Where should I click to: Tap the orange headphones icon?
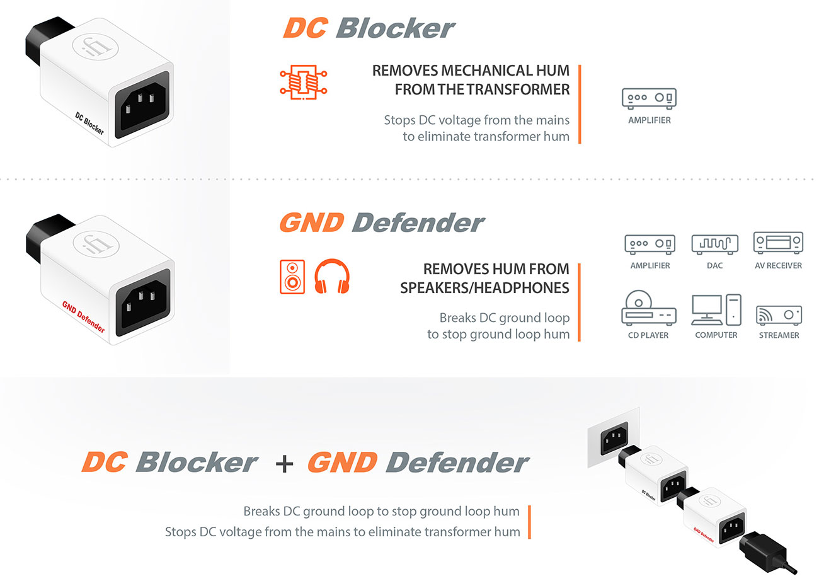tap(331, 276)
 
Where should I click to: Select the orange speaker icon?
tap(292, 276)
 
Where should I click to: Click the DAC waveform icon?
tap(714, 243)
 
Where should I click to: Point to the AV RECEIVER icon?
tap(778, 243)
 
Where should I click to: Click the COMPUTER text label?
tap(716, 335)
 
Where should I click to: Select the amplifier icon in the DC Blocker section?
tap(649, 98)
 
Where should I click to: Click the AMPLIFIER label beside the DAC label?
tap(650, 266)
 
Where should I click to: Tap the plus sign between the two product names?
tap(284, 463)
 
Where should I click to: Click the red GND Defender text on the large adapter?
tap(83, 318)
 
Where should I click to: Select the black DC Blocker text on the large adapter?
tap(89, 123)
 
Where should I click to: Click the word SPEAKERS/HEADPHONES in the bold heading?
tap(484, 288)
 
